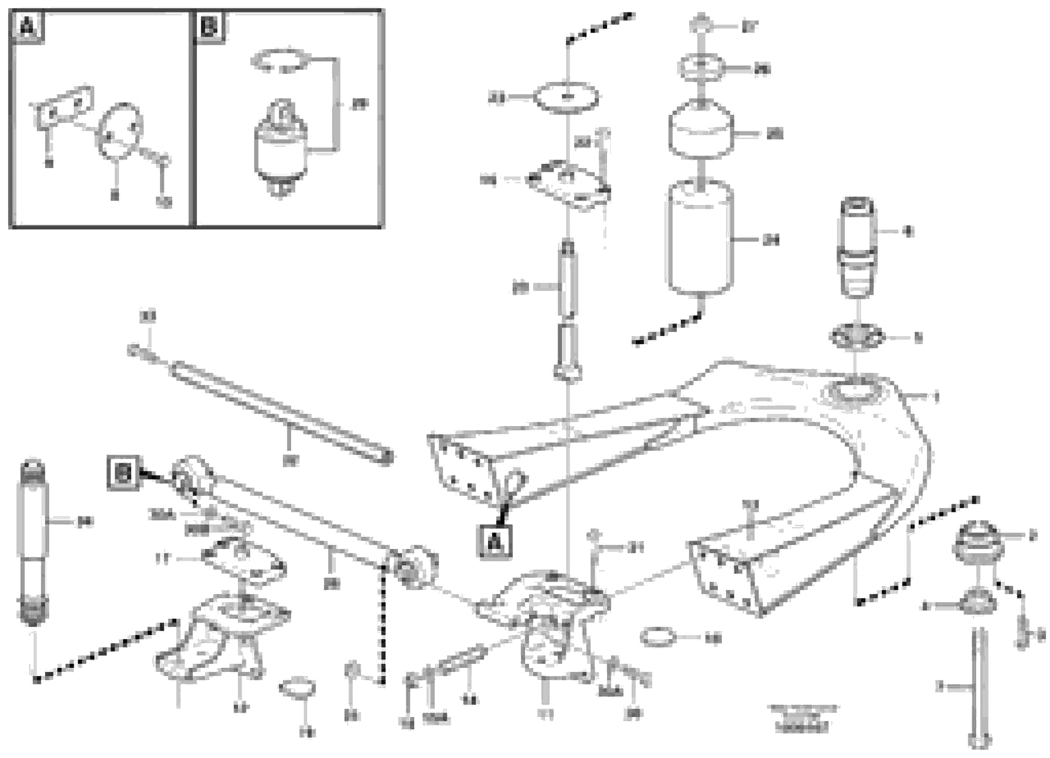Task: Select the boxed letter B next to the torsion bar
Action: click(x=123, y=473)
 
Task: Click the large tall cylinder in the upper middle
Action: click(x=700, y=237)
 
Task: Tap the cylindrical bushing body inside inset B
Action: click(x=281, y=148)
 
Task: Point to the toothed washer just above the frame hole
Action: click(x=857, y=337)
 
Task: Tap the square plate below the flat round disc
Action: click(x=567, y=184)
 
